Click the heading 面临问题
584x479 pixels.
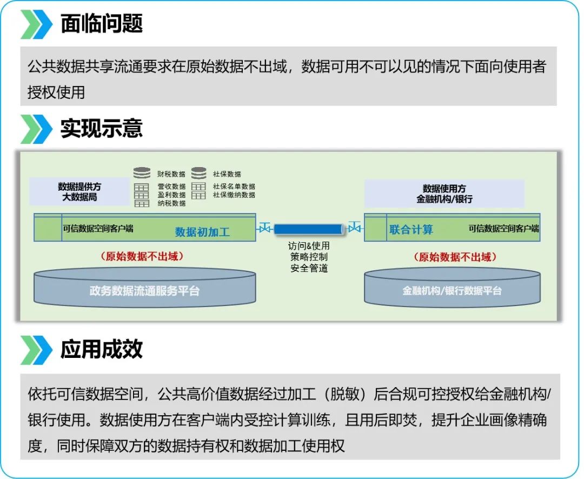point(101,24)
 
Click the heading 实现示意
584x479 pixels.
point(101,129)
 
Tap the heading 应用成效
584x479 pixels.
point(101,349)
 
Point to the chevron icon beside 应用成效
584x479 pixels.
point(36,350)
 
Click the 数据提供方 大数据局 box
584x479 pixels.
point(79,192)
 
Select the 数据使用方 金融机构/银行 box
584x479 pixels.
point(444,194)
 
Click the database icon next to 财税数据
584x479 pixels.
point(142,174)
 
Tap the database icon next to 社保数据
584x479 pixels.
point(198,174)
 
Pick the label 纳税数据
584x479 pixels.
point(171,203)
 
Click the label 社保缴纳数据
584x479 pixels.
point(234,195)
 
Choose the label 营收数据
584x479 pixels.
point(171,187)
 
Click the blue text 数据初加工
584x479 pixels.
point(202,232)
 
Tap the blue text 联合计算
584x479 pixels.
point(411,230)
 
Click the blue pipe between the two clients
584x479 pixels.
point(308,229)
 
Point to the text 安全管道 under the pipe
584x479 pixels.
point(309,268)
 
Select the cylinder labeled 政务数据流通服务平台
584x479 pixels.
point(144,291)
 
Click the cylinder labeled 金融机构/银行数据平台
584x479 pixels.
point(452,291)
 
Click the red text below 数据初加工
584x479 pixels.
point(142,257)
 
